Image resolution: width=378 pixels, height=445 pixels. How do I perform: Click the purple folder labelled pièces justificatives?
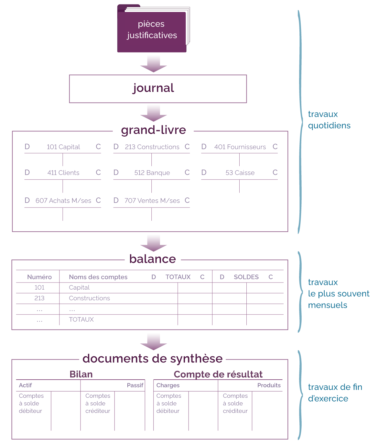pos(152,29)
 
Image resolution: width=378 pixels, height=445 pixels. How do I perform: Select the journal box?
pos(158,89)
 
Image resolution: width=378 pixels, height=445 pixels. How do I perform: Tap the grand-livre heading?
pos(153,130)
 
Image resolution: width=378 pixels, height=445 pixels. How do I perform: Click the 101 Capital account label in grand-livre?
pos(63,147)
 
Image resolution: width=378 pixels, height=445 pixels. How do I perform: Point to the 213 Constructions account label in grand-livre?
pos(152,147)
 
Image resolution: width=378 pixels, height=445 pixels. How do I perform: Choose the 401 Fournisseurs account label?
pos(240,147)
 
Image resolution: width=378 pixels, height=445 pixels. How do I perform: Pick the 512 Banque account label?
pos(152,173)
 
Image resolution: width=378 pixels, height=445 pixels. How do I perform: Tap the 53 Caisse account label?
pos(240,173)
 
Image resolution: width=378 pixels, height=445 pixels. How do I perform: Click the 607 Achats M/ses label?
pos(63,201)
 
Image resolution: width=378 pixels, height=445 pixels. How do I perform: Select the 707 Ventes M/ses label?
pos(152,201)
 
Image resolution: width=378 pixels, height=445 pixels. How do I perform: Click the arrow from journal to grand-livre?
pos(153,114)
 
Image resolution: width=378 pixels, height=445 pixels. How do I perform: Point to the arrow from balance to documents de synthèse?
pos(153,342)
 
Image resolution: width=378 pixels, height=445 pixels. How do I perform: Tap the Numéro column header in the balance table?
pos(39,277)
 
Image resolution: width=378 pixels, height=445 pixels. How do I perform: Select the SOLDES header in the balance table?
pos(246,277)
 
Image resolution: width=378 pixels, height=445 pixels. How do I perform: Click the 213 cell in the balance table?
pos(39,298)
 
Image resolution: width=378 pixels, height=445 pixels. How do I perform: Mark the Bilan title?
pos(81,374)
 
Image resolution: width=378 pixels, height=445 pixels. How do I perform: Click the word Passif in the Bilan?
pos(135,385)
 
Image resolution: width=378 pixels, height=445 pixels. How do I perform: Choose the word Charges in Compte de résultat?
pos(168,385)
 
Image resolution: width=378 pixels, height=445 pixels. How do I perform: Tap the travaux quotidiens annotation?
pos(329,120)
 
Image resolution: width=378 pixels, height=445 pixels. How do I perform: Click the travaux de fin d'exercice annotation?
pos(335,393)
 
